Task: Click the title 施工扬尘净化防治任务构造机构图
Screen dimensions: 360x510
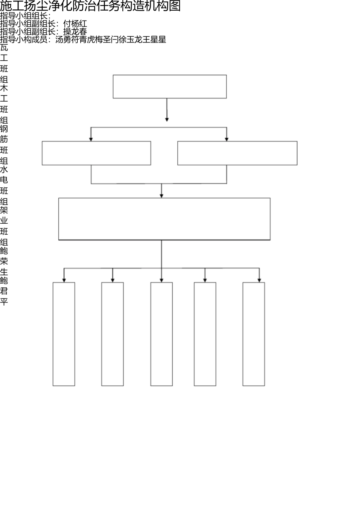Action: pos(90,6)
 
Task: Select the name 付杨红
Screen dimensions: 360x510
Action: pos(75,24)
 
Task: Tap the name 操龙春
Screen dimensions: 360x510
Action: pos(75,31)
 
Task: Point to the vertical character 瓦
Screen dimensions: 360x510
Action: pos(4,47)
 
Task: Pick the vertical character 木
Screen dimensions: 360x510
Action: pos(4,88)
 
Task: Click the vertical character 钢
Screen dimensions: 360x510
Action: pos(4,129)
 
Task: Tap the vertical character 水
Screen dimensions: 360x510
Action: pos(4,169)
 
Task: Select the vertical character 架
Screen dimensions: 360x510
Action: pos(4,210)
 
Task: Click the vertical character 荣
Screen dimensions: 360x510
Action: pos(4,261)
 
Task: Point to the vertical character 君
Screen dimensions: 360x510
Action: pos(4,291)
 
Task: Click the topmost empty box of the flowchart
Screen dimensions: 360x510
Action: pos(170,86)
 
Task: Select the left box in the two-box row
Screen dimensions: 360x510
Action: pos(96,153)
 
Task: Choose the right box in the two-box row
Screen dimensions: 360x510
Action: pos(237,153)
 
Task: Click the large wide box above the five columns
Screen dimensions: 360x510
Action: pos(164,219)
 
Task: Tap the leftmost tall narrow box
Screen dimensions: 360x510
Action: pos(64,334)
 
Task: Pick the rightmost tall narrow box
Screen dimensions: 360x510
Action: pos(254,334)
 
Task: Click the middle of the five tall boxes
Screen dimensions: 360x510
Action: pos(161,334)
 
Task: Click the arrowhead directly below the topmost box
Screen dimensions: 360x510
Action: pos(167,120)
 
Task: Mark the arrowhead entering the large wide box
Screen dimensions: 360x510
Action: pos(161,196)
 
